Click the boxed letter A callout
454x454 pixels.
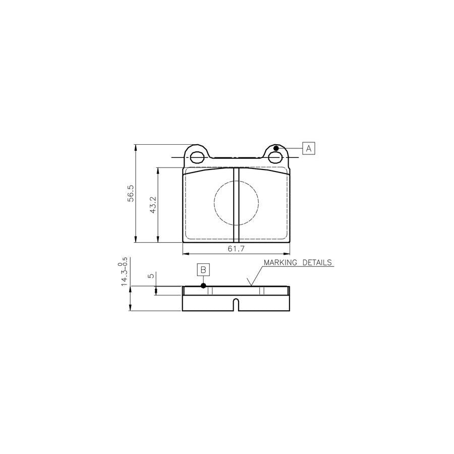tap(309, 148)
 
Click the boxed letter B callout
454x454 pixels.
tap(203, 270)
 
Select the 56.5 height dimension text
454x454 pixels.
tap(131, 193)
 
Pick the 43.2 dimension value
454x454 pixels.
tap(153, 205)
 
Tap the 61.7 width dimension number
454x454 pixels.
tap(236, 248)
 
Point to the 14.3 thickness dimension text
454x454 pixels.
tap(124, 271)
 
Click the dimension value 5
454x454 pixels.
tap(151, 276)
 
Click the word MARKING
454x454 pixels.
tap(280, 262)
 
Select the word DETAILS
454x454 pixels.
tap(317, 262)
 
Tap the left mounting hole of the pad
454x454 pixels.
tap(197, 157)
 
